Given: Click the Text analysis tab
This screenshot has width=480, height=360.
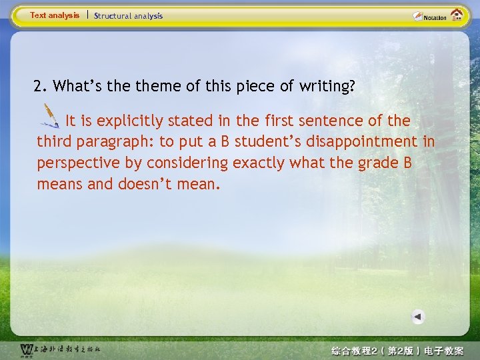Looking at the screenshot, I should (54, 15).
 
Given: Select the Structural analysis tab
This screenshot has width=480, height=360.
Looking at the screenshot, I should (128, 15).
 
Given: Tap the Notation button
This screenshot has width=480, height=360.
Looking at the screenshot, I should (430, 16).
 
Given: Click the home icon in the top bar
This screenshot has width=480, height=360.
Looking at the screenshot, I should (457, 15).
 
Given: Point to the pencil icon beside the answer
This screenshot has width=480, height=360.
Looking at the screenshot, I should (49, 115).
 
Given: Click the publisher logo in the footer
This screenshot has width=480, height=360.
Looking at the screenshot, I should (59, 349).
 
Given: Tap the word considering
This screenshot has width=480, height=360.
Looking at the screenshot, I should (188, 163).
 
